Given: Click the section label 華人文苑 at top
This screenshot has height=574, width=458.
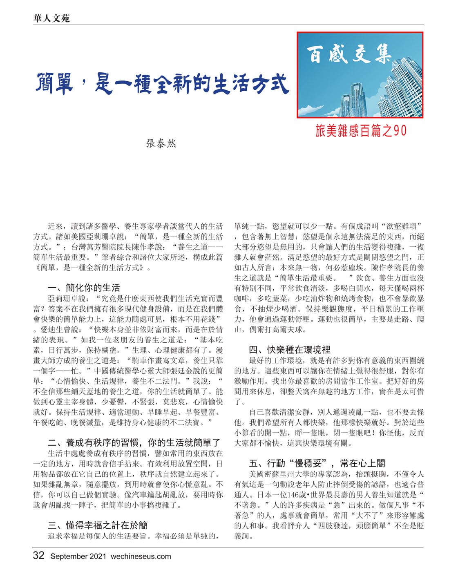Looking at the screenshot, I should point(51,18).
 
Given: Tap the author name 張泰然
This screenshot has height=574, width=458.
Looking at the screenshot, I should point(161,143).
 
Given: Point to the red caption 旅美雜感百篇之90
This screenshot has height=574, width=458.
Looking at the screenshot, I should point(361,131).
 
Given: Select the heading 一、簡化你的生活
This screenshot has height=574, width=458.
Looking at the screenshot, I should point(84,288).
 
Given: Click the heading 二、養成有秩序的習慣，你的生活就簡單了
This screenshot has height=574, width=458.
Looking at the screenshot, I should point(134,442).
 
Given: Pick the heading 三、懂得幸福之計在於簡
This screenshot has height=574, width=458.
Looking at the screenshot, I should point(98,525).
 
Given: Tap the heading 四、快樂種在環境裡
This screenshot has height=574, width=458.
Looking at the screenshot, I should point(290,349).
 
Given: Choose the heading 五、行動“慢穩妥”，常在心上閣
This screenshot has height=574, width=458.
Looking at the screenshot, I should point(317,463).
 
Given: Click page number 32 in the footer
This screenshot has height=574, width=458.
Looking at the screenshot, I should point(38,556).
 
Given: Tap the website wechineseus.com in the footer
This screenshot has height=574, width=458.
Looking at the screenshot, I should point(141,556).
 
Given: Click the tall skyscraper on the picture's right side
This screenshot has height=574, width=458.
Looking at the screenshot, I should point(402,90).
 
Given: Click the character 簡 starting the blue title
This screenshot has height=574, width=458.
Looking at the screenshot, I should point(48,83).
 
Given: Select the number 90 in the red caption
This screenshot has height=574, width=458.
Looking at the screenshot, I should point(400,131).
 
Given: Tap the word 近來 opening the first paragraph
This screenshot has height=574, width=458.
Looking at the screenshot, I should point(55,226).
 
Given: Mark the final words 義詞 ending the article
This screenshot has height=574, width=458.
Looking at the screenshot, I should point(242,536).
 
